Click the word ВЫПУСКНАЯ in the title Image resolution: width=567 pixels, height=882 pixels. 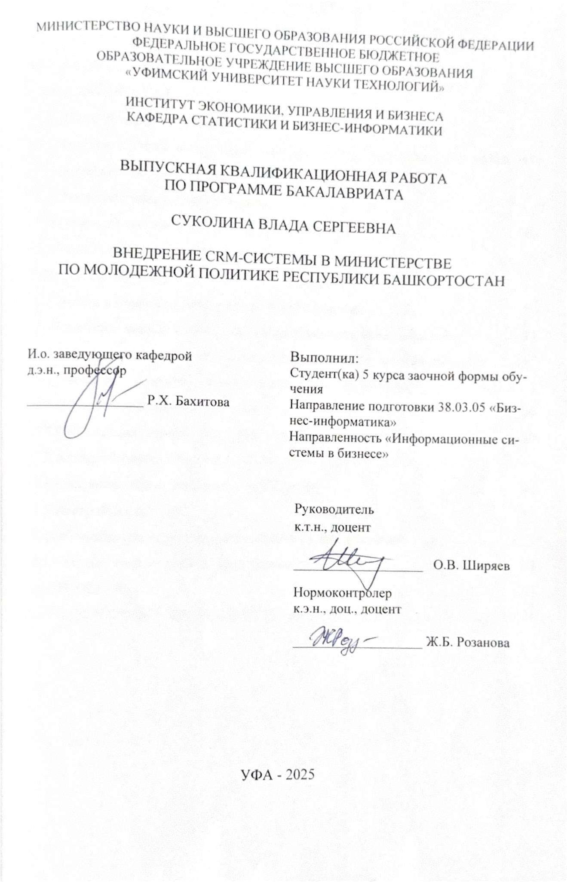click(x=168, y=166)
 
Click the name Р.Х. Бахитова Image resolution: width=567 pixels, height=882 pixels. click(x=188, y=401)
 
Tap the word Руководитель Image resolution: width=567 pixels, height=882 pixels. click(x=334, y=510)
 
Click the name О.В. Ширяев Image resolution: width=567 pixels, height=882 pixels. click(x=471, y=566)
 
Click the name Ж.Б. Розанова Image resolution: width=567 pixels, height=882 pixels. click(x=468, y=643)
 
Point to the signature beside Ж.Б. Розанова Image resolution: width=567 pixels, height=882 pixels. click(x=342, y=640)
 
